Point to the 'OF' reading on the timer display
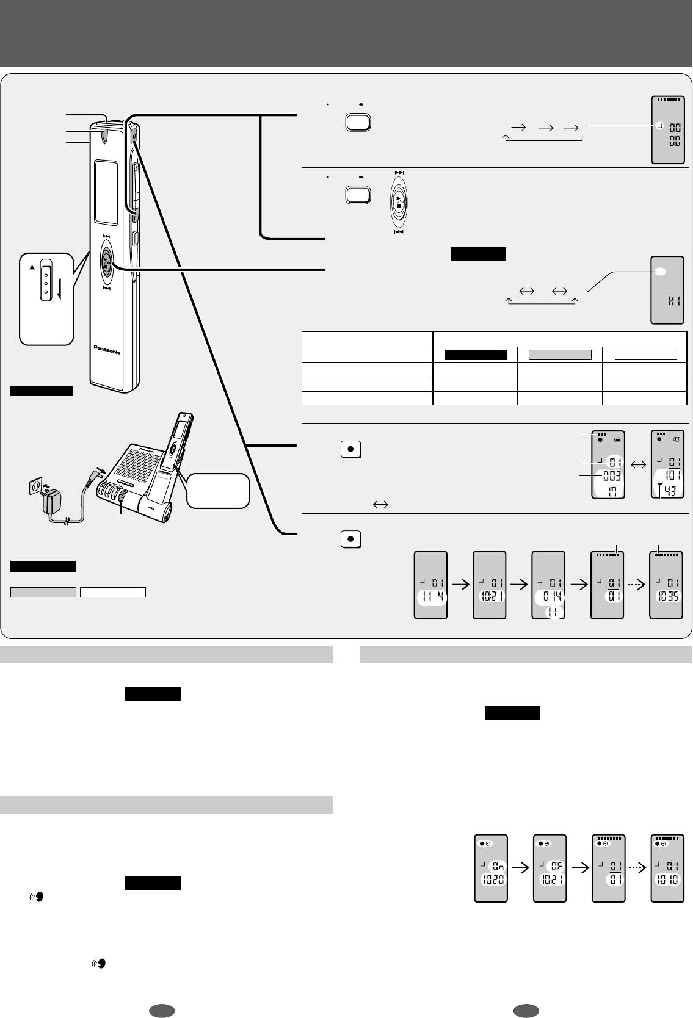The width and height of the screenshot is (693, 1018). (554, 866)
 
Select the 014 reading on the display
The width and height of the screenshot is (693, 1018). (550, 596)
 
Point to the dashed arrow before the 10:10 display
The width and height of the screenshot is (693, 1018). (636, 866)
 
